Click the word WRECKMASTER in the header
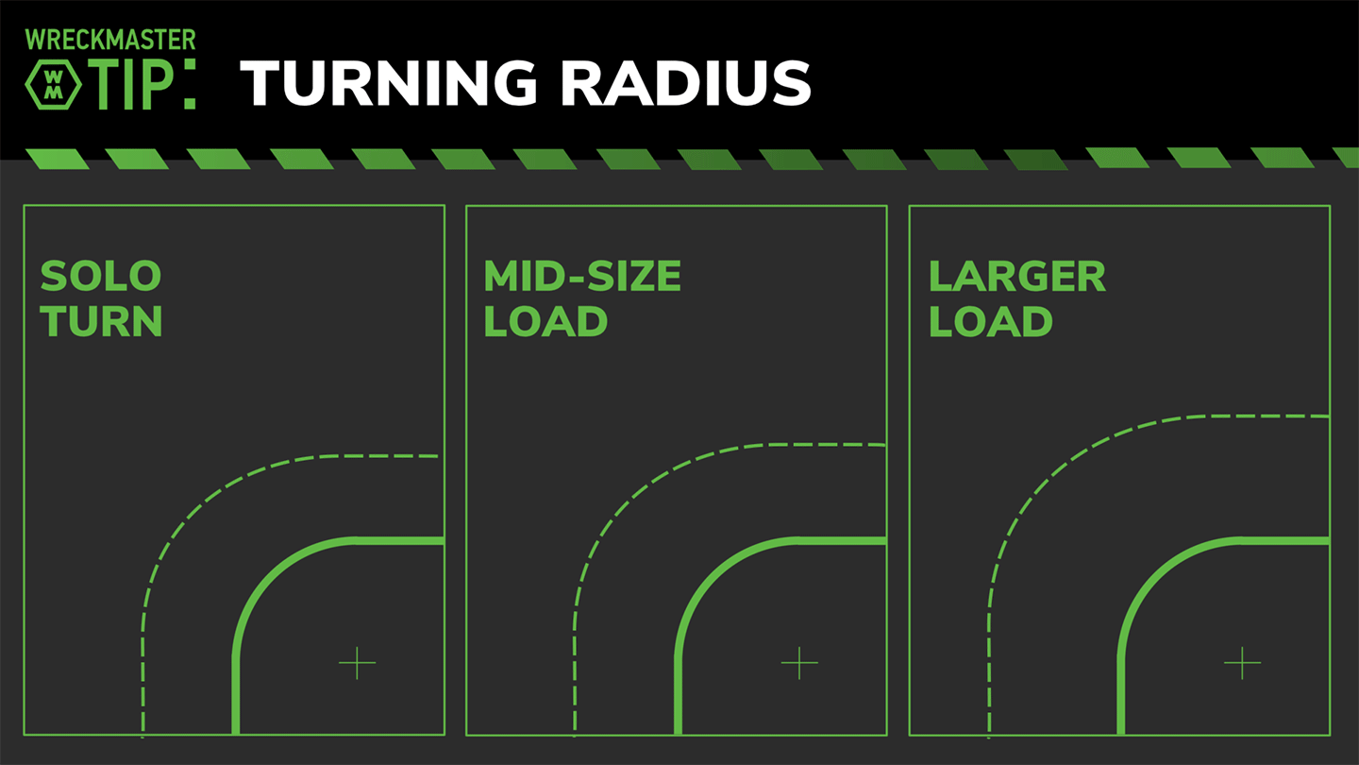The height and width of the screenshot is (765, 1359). [110, 40]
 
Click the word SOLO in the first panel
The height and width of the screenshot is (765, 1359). [101, 277]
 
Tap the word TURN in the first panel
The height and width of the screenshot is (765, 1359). [101, 322]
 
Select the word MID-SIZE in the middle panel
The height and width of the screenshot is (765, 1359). [582, 277]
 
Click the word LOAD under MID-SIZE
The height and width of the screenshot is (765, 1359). [545, 322]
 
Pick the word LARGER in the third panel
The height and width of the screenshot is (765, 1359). [1016, 277]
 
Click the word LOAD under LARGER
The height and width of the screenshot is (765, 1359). [990, 322]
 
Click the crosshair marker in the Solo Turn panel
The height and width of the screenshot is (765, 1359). [357, 663]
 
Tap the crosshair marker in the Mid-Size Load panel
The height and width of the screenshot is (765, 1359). [799, 663]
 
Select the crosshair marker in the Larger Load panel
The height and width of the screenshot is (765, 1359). [1242, 663]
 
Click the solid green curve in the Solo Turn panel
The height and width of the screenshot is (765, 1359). [268, 577]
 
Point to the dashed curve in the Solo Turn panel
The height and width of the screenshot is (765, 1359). [193, 511]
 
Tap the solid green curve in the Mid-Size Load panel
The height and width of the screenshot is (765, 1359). [711, 577]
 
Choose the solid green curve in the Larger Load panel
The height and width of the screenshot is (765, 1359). [1153, 577]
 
